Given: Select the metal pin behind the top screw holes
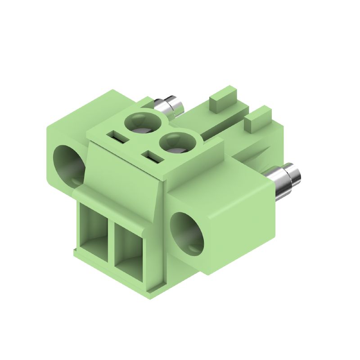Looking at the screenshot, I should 170,106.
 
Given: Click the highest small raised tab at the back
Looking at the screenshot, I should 223,97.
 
